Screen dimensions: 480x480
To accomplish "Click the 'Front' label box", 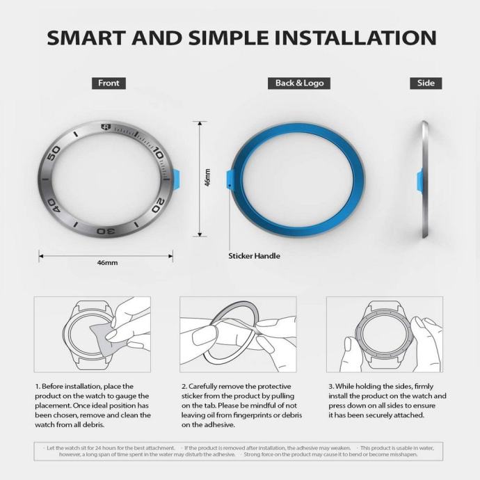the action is point(109,83).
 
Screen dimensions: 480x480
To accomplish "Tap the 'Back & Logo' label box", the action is point(299,83).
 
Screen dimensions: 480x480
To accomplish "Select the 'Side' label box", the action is point(426,83).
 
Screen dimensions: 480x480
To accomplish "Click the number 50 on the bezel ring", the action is point(53,153).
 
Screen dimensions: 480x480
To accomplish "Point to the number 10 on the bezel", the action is point(159,153).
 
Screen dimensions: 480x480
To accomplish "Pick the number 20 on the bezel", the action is point(159,205).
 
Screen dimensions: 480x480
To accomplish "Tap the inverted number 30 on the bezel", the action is point(106,231).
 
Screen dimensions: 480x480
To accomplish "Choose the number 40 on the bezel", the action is point(54,205).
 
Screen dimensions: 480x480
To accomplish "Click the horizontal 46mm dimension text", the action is point(107,263).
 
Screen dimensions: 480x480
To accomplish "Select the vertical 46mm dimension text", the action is point(207,177).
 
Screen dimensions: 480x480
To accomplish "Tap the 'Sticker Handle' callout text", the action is point(254,256).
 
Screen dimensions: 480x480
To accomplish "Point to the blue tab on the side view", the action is point(419,180).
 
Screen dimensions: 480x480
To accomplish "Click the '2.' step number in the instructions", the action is point(184,386).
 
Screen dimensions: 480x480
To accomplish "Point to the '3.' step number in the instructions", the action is point(331,386).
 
